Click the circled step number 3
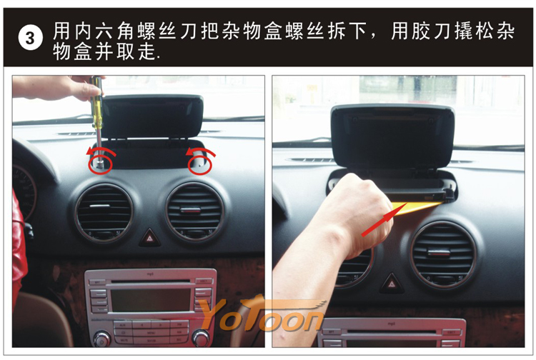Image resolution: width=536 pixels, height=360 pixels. [30, 38]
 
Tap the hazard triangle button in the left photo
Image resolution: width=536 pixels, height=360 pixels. [150, 237]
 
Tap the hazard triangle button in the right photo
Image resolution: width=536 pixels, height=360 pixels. [392, 283]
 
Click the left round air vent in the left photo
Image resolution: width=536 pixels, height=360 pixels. [104, 213]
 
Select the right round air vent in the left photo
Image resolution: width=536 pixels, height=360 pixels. [194, 211]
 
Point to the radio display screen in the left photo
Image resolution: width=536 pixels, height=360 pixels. [151, 299]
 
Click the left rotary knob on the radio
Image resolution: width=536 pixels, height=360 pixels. [102, 339]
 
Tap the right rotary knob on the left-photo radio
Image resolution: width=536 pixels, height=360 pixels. [201, 338]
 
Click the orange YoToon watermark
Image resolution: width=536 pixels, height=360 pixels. [262, 314]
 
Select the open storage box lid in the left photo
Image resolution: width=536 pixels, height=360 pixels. [152, 117]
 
